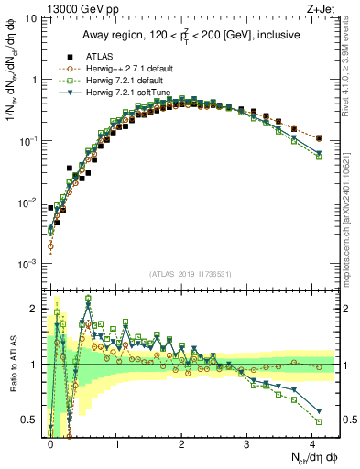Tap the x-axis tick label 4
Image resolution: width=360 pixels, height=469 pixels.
point(312,442)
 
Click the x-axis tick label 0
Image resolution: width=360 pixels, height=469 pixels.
point(50,442)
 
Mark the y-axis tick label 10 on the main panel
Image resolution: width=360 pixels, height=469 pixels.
point(31,18)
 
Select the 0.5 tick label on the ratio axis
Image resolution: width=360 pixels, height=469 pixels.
point(30,420)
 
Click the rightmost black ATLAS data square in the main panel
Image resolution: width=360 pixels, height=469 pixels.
point(318,138)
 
